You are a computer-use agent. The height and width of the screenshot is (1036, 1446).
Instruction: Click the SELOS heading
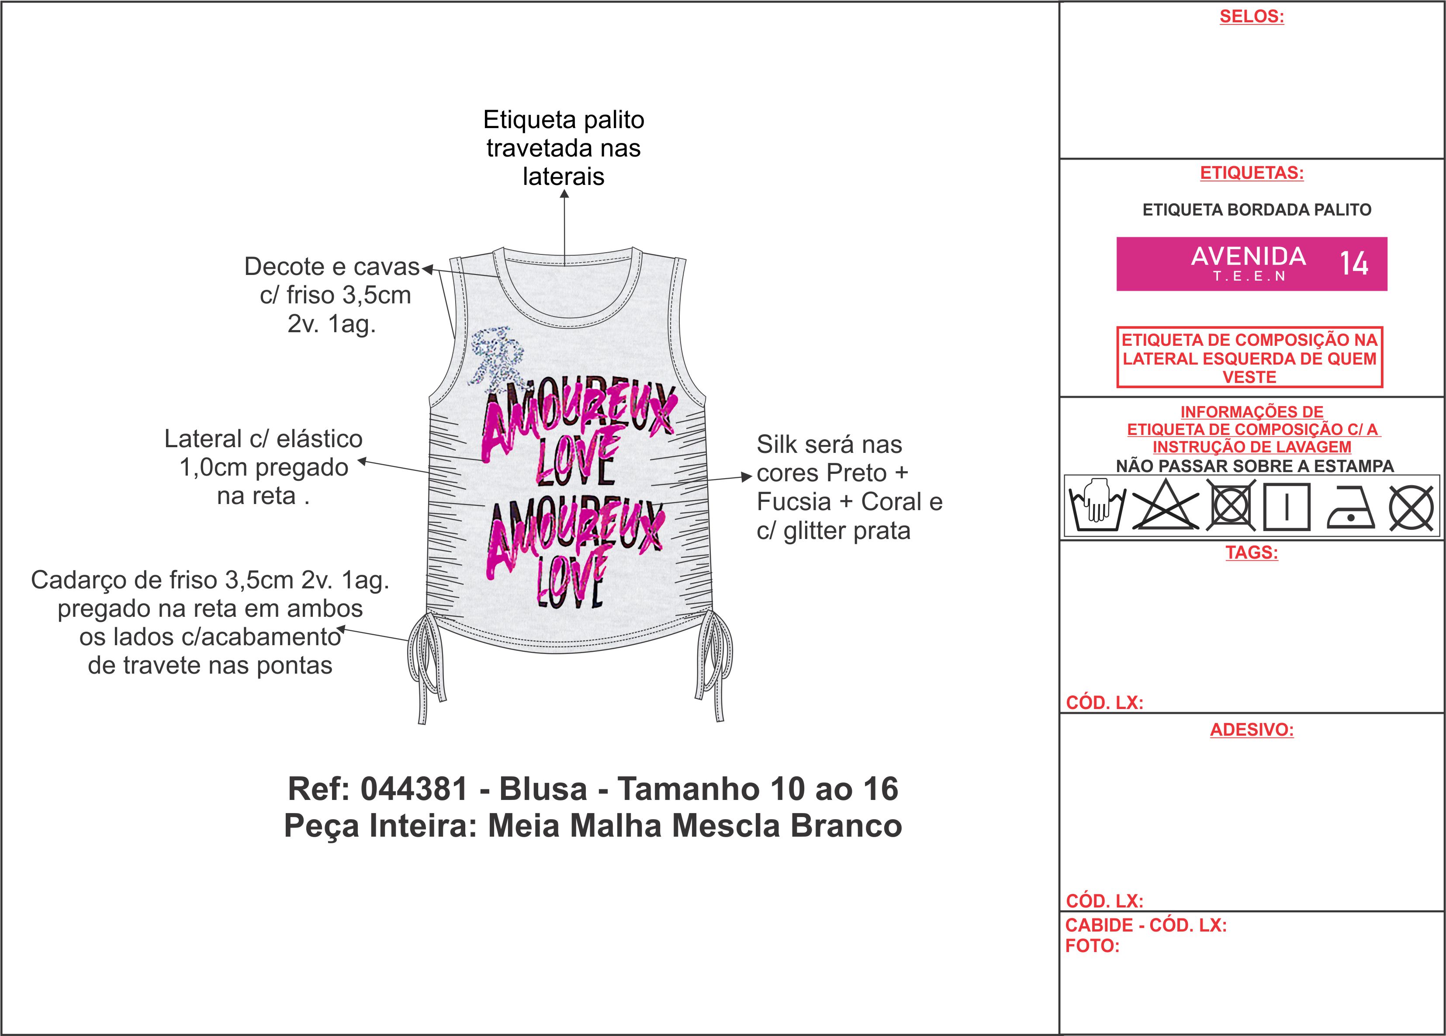point(1252,17)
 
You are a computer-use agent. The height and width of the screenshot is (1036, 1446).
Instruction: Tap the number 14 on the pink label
point(1353,264)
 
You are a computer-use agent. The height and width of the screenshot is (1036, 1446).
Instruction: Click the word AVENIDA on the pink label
point(1249,257)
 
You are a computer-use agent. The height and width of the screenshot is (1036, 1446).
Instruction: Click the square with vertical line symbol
point(1287,507)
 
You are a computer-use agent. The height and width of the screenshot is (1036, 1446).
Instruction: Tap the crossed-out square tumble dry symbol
point(1231,507)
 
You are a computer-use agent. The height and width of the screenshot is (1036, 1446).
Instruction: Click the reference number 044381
point(415,789)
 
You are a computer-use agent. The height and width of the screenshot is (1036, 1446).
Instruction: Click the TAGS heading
point(1252,553)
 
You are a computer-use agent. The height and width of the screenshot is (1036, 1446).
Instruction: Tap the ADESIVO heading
point(1252,730)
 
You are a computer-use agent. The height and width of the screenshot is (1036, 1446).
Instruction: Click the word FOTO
point(1092,946)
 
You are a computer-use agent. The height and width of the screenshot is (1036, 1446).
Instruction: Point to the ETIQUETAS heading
point(1252,173)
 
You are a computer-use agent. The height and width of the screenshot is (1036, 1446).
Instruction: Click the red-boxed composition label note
point(1249,358)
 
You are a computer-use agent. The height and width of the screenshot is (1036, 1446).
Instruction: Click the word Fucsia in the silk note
point(794,502)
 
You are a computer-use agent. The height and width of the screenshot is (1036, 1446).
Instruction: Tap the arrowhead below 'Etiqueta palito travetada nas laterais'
point(564,194)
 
